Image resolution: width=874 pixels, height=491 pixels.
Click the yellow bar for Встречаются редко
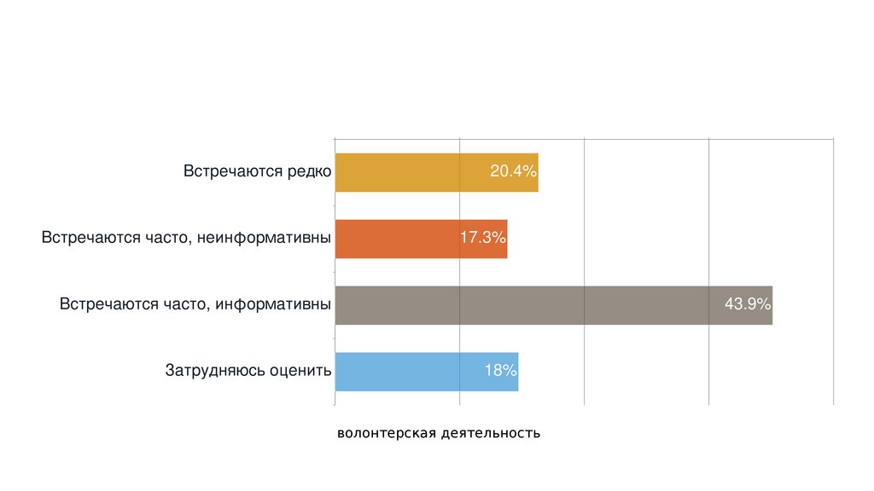[410, 172]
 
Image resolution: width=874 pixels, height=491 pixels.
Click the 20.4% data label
[513, 172]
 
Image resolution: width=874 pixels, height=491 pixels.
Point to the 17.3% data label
[483, 238]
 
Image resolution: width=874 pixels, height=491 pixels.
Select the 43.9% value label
[748, 304]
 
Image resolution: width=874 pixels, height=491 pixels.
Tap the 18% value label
[500, 371]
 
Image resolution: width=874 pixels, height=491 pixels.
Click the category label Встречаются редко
[257, 171]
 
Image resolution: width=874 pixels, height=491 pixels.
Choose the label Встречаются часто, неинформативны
[186, 238]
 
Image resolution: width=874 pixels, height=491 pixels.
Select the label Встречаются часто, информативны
[195, 304]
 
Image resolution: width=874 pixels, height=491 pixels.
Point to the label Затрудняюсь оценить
[248, 371]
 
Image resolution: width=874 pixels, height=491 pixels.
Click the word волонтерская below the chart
[387, 433]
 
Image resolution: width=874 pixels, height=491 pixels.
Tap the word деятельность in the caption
[491, 433]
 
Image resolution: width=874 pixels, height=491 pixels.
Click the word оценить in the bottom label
[300, 371]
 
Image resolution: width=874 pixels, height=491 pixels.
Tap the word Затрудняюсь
[215, 371]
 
